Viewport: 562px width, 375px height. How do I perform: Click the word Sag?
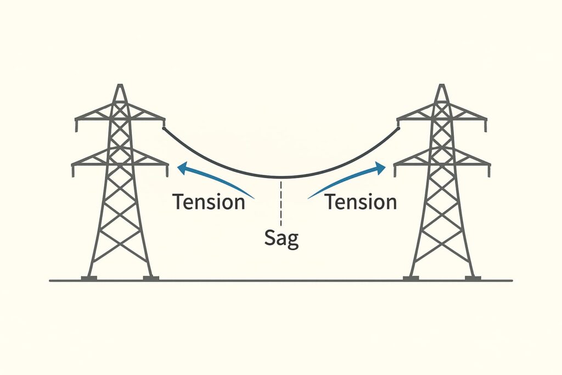[x=282, y=238]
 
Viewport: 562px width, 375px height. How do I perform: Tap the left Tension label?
[x=209, y=202]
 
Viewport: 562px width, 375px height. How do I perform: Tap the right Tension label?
[x=360, y=202]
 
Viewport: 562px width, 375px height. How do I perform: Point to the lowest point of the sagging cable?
[x=281, y=177]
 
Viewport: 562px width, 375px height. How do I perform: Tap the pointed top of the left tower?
[x=120, y=86]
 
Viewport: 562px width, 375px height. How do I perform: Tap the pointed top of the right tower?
[x=442, y=86]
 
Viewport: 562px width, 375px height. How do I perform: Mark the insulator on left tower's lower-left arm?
[x=72, y=170]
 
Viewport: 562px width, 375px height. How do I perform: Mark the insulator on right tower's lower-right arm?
[x=489, y=170]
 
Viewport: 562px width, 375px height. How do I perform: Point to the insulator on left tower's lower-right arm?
[x=167, y=170]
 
